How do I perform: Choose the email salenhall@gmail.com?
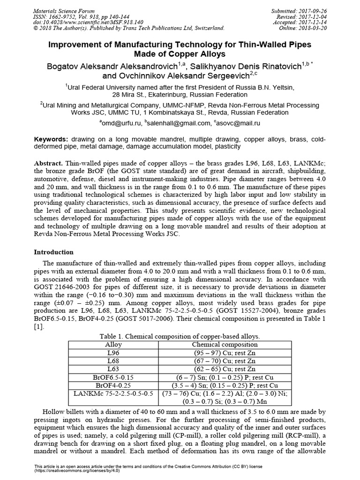(x=178, y=123)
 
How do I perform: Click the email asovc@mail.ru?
(x=238, y=123)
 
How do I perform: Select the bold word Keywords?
(x=52, y=140)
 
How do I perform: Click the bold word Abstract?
(x=48, y=162)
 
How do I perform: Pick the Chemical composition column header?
(x=225, y=345)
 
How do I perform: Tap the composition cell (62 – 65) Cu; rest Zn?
(x=225, y=369)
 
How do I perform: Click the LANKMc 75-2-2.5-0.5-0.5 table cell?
(x=113, y=393)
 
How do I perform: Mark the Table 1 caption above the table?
(x=180, y=337)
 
